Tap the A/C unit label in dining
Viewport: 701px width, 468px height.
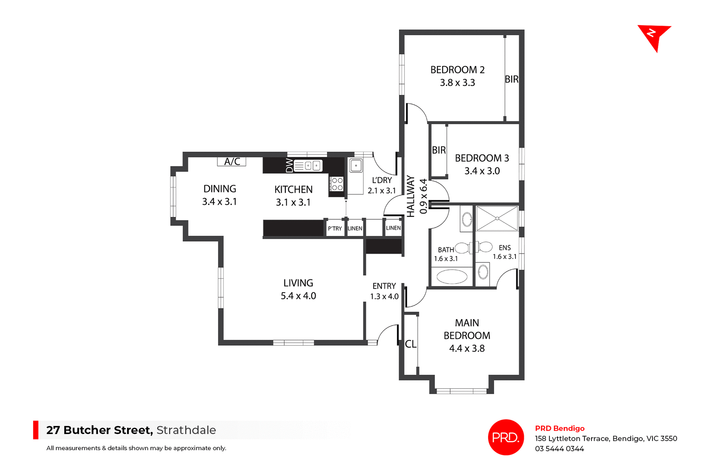(232, 161)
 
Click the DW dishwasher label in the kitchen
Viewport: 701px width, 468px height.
(289, 165)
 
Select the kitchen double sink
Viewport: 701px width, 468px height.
(308, 166)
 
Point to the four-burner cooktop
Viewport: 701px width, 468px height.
(337, 184)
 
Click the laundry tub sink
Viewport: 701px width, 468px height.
(356, 166)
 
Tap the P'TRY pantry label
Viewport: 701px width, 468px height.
(335, 229)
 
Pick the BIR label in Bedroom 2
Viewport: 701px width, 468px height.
(512, 79)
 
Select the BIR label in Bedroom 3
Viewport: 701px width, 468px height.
(438, 150)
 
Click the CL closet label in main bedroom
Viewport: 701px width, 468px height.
(410, 344)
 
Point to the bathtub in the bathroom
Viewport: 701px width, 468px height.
(452, 277)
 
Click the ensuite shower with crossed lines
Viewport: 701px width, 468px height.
(497, 218)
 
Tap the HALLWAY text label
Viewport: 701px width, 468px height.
(411, 196)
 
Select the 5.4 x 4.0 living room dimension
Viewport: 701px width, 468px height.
(298, 296)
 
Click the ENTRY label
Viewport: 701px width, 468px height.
(384, 286)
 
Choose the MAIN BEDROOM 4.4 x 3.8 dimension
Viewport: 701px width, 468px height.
(467, 349)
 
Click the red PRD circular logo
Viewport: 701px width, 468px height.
(506, 437)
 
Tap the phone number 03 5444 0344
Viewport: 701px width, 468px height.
(559, 449)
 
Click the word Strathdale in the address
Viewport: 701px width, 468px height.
(186, 430)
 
